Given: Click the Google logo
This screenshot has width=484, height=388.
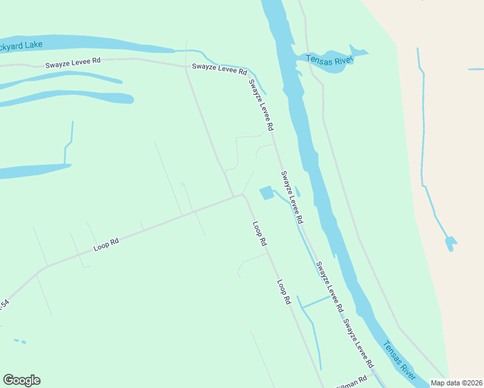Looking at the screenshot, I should click(x=22, y=380).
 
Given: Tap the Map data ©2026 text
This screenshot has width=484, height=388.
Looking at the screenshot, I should click(x=457, y=383).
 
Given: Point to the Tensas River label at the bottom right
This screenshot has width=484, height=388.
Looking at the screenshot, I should click(x=399, y=360).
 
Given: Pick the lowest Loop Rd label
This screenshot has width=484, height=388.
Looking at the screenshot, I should click(x=283, y=292).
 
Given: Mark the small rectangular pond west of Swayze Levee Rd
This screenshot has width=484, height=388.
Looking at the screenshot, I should click(x=266, y=193).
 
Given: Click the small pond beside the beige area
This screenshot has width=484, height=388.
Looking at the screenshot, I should click(x=450, y=243).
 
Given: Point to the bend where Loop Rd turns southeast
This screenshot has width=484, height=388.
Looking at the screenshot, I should click(x=243, y=194).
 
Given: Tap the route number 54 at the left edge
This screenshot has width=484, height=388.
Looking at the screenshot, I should click(x=4, y=304).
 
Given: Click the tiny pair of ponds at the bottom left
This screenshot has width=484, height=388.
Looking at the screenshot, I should click(x=20, y=341).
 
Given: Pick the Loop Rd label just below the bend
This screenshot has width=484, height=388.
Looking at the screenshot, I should click(x=260, y=233).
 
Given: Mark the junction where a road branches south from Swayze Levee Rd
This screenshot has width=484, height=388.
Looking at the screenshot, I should click(x=186, y=66).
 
